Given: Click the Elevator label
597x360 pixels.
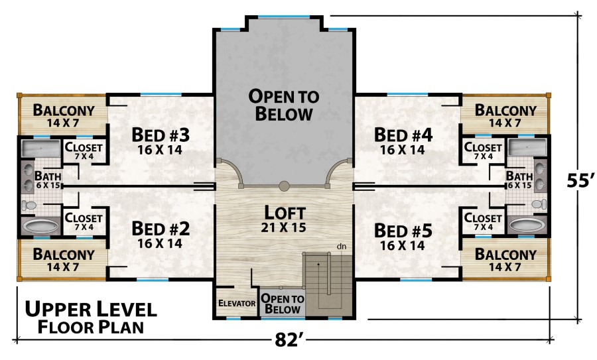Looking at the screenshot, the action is click(x=237, y=303).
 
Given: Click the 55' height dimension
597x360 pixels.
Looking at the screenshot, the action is click(x=580, y=180).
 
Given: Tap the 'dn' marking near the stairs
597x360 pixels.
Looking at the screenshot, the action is click(x=342, y=247).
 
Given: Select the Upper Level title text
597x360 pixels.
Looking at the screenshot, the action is click(x=91, y=309).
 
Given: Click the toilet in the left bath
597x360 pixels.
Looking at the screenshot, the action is click(x=29, y=206).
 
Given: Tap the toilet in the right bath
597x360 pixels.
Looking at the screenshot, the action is click(x=539, y=204).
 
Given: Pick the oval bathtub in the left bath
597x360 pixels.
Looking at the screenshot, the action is click(x=40, y=226).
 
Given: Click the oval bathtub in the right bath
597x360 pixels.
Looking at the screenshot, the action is click(x=527, y=225).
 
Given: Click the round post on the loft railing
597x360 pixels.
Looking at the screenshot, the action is click(x=284, y=186).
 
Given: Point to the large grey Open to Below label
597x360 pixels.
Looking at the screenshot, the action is click(x=284, y=105).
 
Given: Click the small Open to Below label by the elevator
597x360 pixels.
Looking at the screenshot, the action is click(x=283, y=304).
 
